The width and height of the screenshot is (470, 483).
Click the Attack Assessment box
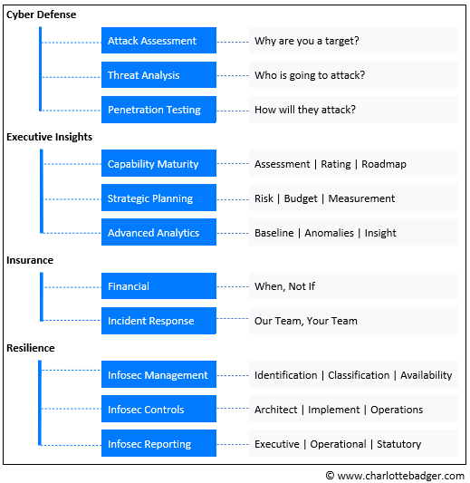[158, 41]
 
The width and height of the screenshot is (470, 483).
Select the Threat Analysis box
[158, 75]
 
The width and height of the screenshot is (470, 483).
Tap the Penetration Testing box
[158, 110]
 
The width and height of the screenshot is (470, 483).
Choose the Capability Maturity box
[158, 163]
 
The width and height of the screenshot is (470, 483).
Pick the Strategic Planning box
[158, 198]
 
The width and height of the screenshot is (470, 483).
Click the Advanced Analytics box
[158, 232]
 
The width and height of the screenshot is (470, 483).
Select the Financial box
[158, 285]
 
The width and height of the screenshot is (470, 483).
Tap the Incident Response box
[158, 321]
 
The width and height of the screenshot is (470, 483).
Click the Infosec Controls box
[158, 409]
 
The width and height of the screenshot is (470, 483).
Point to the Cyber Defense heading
[42, 14]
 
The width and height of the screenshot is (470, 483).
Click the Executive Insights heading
[49, 137]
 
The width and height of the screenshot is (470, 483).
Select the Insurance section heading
[30, 260]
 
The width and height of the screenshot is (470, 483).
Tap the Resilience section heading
[31, 348]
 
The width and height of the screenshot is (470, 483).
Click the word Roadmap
[384, 164]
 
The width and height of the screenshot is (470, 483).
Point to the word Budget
[301, 198]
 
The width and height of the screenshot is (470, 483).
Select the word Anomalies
[329, 233]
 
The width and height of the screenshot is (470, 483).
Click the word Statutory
[398, 444]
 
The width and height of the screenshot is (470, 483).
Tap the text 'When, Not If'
[284, 286]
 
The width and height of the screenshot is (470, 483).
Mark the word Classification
[359, 375]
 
